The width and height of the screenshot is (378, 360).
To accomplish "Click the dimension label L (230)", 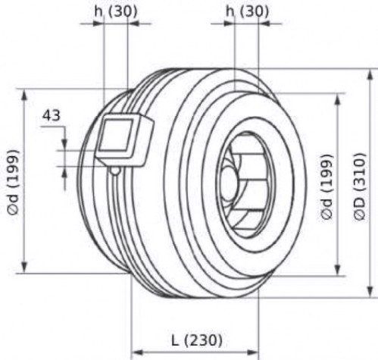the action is tap(197, 340).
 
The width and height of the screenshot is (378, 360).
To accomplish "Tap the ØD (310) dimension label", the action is tap(360, 187).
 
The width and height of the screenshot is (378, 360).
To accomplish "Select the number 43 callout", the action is tap(52, 116).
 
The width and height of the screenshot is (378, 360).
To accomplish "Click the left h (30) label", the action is tap(116, 11).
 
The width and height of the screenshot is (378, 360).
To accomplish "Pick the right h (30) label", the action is tap(247, 11).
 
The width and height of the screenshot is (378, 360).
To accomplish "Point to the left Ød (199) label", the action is tap(13, 183).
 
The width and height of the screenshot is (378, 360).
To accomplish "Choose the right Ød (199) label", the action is tap(327, 186).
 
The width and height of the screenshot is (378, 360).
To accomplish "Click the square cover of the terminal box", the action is tap(116, 136).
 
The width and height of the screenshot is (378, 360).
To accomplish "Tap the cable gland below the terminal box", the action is tap(115, 171).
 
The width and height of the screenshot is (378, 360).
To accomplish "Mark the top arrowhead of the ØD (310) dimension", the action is tap(370, 76).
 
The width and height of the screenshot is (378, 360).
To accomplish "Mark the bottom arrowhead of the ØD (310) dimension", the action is tap(370, 290).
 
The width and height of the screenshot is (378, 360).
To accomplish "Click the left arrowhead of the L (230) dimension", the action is tap(139, 352).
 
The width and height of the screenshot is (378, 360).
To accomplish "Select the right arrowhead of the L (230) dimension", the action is tap(251, 352).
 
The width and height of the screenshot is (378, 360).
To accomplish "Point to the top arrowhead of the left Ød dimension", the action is tap(24, 96).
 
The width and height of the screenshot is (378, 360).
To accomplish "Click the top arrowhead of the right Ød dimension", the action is tap(338, 100).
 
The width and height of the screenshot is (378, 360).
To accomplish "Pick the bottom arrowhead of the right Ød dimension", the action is tap(338, 269).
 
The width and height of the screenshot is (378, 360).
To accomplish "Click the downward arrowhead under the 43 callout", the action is tap(65, 143).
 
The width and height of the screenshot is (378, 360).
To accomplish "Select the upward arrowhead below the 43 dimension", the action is tap(65, 174).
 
